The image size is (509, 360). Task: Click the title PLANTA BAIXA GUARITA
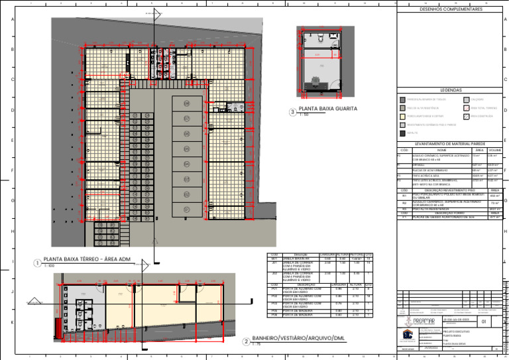328,108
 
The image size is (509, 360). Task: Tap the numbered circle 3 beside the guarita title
292,112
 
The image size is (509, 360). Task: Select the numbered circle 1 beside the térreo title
37,263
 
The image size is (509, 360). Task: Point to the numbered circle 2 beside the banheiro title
246,342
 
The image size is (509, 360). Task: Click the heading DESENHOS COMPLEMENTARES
451,9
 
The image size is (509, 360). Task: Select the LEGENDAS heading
451,90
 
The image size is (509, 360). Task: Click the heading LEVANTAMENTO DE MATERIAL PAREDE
451,144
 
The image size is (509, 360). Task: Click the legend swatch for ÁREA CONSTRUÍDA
466,116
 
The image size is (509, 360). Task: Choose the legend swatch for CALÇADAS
466,99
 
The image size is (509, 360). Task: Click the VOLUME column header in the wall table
494,150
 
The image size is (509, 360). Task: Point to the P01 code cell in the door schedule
274,289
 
